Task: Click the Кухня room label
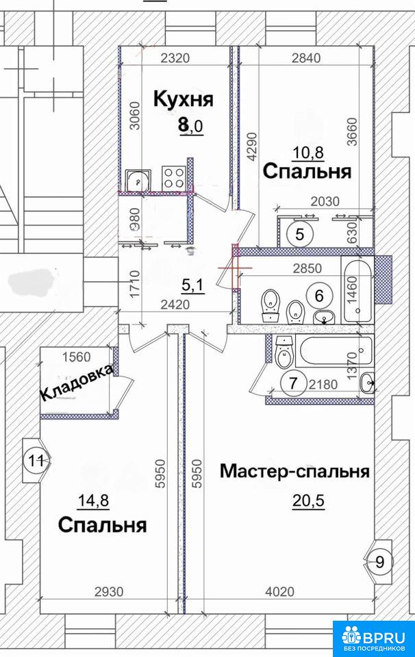[184, 100]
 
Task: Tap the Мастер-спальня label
[294, 472]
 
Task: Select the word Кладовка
[77, 383]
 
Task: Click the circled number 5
[299, 233]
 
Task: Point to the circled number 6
[319, 296]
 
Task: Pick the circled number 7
[293, 383]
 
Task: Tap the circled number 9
[380, 561]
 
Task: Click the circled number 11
[36, 461]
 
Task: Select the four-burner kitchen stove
[174, 178]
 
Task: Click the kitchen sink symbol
[138, 180]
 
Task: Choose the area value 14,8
[94, 500]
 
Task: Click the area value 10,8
[309, 152]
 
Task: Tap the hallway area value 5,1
[192, 286]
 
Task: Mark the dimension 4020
[280, 591]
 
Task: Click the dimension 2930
[109, 591]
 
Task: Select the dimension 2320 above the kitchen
[175, 57]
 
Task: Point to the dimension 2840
[306, 57]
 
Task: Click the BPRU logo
[375, 638]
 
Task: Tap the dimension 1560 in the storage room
[76, 357]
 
